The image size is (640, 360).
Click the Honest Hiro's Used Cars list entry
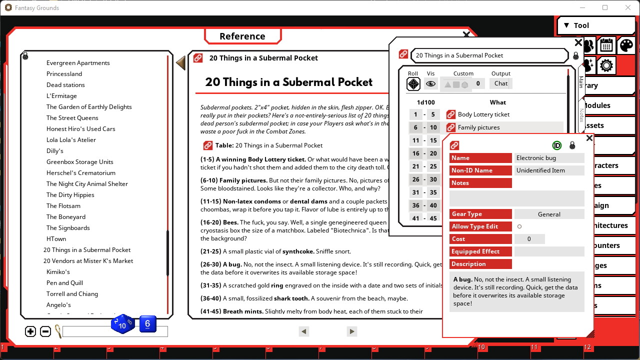80,129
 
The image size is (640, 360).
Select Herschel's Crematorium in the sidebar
80,173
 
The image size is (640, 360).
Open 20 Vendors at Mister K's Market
88,261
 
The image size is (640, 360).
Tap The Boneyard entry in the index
65,217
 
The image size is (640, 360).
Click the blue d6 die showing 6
147,324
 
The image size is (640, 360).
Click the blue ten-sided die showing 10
122,325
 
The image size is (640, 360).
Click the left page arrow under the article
303,331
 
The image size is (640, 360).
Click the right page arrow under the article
351,331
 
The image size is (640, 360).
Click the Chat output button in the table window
501,83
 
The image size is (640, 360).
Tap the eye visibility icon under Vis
430,84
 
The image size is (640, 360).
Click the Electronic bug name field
549,158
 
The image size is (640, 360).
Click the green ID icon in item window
556,145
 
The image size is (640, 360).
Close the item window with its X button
589,138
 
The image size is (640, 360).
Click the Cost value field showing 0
529,239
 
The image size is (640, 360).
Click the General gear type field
549,214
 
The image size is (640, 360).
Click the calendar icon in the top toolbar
606,45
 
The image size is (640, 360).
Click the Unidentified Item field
549,170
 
